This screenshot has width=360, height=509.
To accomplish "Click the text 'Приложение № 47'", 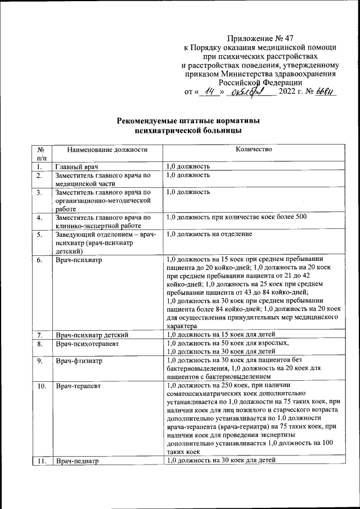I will tap(260, 39).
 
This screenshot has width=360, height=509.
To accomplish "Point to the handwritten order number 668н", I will tap(325, 91).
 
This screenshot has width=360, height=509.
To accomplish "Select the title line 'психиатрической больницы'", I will tap(188, 130).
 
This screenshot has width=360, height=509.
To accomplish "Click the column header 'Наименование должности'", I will tap(107, 150).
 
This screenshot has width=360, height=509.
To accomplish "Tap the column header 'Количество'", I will tap(254, 150).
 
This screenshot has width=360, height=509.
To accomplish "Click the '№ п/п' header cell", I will tap(40, 154).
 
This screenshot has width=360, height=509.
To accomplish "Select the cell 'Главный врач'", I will tap(76, 167).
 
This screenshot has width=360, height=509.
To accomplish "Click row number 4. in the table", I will tap(39, 218).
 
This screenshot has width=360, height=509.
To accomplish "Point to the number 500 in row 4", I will tap(300, 217).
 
